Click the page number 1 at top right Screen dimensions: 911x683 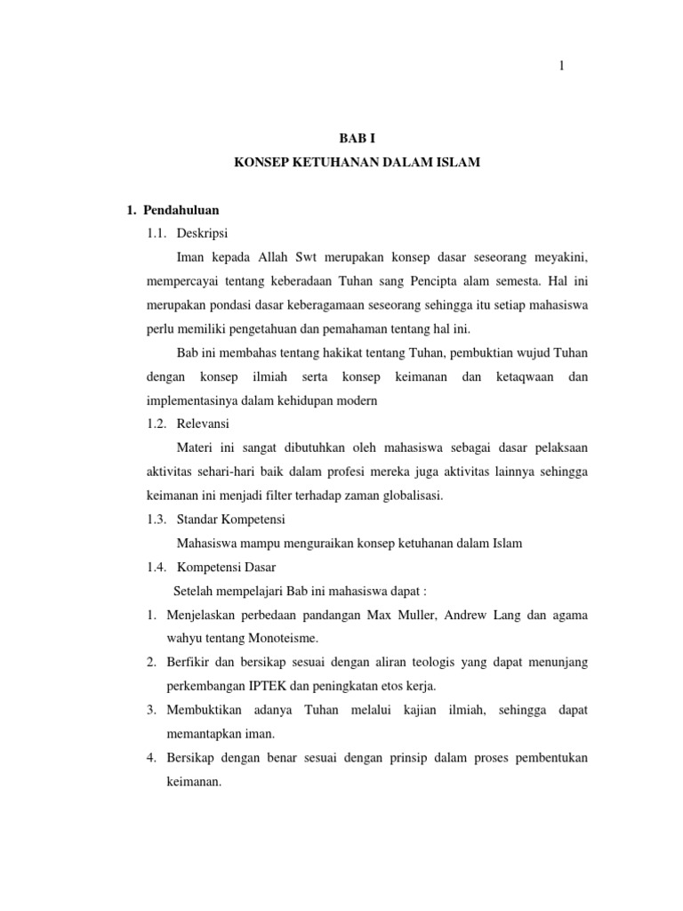562,64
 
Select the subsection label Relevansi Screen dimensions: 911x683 204,423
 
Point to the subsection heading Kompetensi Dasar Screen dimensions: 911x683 227,566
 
